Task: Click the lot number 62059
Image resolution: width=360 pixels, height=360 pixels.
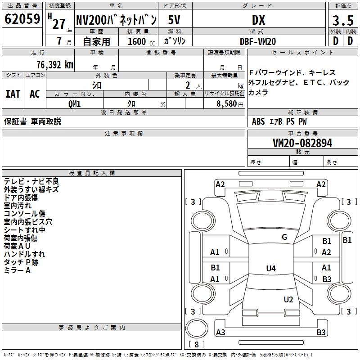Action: [x=22, y=19]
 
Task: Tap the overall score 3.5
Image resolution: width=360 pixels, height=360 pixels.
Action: [x=343, y=21]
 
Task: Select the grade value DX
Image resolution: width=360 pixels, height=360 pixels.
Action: [x=258, y=20]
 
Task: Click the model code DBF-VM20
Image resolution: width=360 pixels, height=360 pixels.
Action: [x=258, y=41]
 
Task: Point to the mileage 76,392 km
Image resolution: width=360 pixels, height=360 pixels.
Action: [x=55, y=65]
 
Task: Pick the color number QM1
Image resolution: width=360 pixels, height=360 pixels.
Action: [x=74, y=104]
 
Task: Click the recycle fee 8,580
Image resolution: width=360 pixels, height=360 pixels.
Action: [x=227, y=104]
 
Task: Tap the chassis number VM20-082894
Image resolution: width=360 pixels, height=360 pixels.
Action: [x=302, y=143]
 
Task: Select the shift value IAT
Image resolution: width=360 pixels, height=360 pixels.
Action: [x=13, y=94]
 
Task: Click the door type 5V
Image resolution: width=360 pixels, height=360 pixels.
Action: [x=174, y=20]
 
